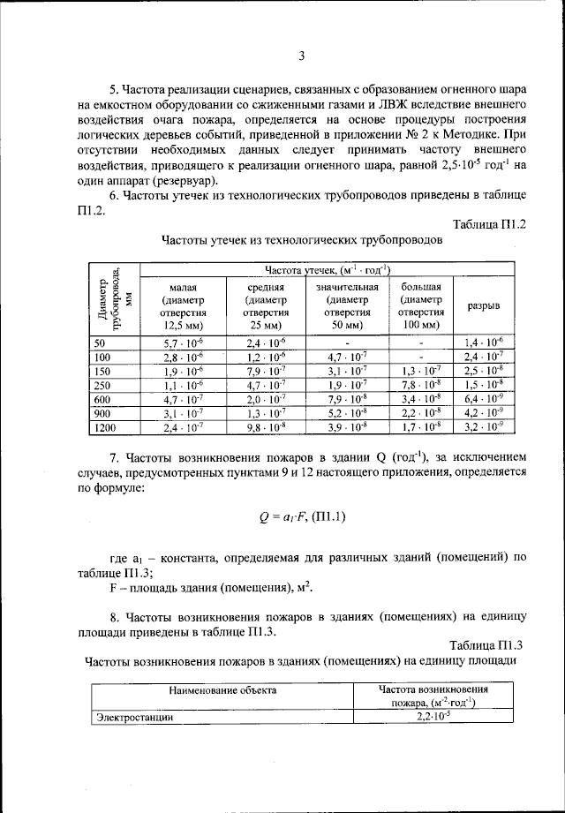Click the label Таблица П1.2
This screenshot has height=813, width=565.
tap(489, 224)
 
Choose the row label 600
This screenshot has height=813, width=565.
tap(100, 400)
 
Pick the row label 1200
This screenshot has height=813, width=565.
tap(104, 428)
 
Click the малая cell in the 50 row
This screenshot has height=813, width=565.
tap(184, 343)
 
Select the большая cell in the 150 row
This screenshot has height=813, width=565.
tap(421, 372)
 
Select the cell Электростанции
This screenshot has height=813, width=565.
tap(134, 718)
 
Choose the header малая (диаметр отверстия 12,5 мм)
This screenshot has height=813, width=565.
tap(184, 305)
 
